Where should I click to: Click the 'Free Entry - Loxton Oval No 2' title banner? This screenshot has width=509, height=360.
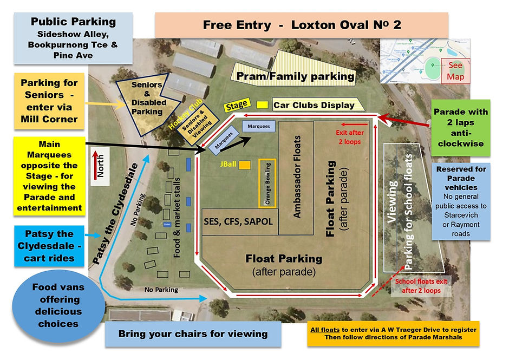tap(301, 25)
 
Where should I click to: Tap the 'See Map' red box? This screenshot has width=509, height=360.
tap(455, 71)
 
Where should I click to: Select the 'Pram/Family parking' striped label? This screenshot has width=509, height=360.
tap(295, 76)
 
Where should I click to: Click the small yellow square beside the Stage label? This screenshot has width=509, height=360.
tap(262, 104)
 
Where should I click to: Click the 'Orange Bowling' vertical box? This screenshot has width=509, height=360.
tap(267, 183)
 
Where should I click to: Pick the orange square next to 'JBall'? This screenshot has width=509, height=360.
tap(245, 165)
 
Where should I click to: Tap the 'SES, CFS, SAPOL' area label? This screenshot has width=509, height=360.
tap(238, 222)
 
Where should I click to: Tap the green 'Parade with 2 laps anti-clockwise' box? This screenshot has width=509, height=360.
tap(460, 127)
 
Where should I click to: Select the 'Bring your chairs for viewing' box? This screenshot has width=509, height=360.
tap(193, 334)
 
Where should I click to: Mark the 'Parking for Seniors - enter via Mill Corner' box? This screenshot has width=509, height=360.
tap(49, 101)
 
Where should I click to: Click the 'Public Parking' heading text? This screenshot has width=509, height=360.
tap(73, 22)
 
